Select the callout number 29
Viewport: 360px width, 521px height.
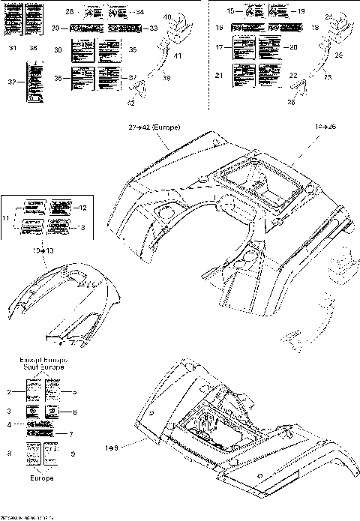pos(56,28)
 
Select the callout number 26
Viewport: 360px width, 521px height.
pos(290,102)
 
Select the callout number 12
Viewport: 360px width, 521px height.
pos(84,207)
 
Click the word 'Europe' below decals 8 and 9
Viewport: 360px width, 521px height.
pos(42,477)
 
